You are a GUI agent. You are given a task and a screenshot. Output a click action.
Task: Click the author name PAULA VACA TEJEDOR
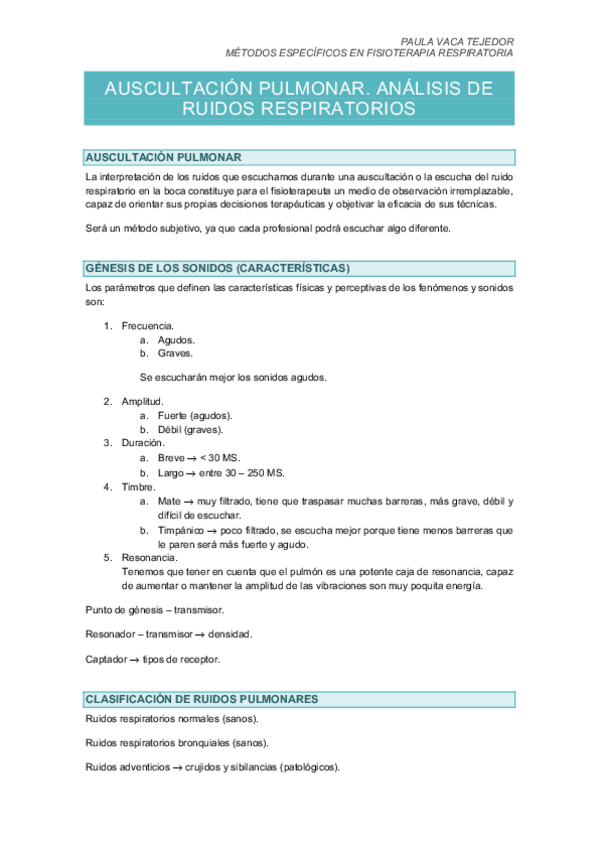tap(457, 41)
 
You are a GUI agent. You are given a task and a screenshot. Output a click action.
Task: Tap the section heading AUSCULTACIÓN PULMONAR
tap(164, 158)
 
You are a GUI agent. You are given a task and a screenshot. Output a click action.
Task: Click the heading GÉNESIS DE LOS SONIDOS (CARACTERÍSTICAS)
tap(217, 268)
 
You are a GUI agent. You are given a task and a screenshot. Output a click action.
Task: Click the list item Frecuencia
tap(148, 326)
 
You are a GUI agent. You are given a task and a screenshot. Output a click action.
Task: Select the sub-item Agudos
tap(176, 340)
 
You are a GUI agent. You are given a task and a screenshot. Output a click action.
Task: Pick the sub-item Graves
tap(175, 353)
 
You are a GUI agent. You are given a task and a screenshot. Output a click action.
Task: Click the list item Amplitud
tap(143, 401)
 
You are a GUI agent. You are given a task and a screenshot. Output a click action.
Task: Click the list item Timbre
tap(140, 486)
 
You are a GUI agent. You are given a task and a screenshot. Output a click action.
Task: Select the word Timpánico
tap(181, 530)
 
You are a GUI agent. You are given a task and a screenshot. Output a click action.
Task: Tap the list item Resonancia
tap(149, 558)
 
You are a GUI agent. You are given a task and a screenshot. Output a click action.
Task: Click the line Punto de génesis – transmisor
tap(155, 609)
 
